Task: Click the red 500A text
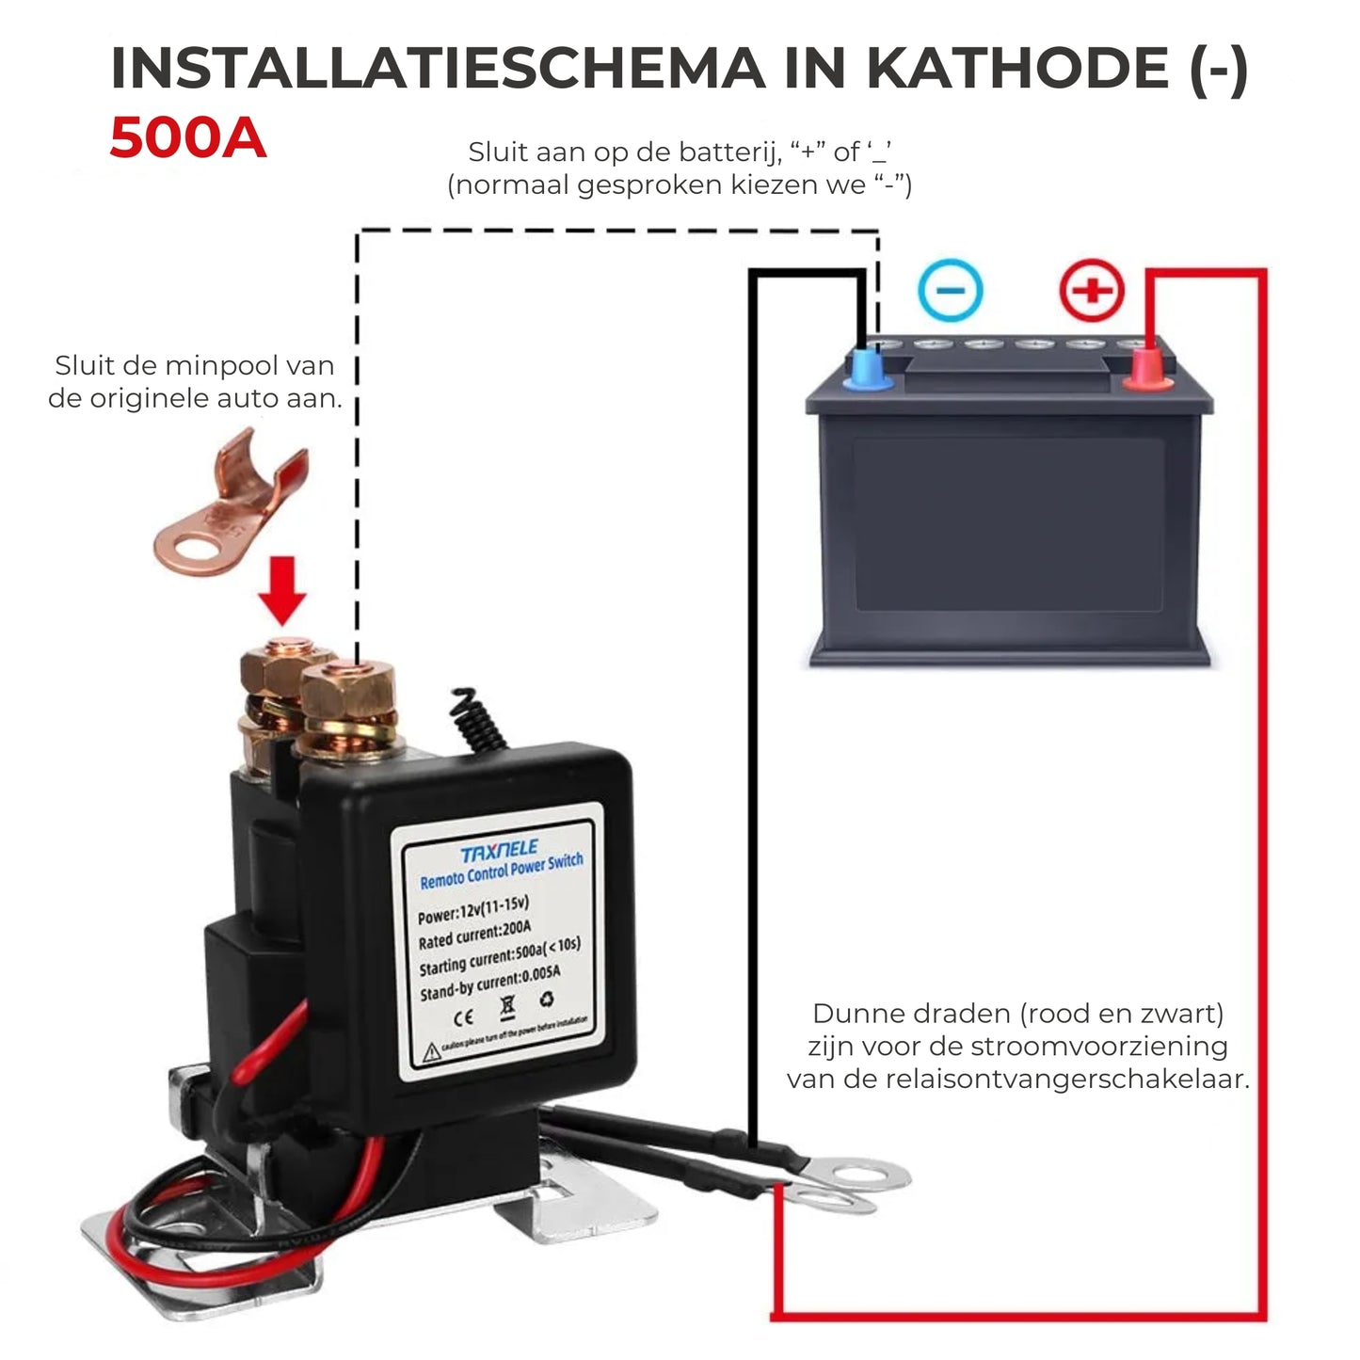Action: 187,138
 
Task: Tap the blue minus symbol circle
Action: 950,290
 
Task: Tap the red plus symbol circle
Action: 1092,290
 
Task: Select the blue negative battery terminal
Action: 867,369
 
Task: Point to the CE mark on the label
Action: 463,1017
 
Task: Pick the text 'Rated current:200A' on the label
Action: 474,935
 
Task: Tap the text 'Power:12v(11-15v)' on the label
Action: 472,909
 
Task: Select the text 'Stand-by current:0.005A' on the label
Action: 489,984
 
